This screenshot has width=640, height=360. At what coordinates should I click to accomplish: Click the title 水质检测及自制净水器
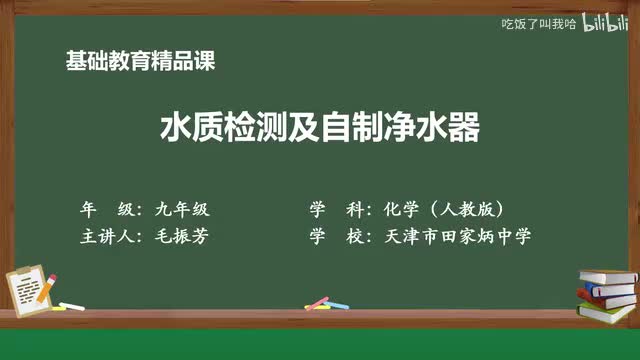point(320,128)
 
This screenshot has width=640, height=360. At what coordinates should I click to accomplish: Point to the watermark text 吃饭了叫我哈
point(538,23)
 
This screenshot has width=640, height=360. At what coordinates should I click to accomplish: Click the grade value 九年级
point(181,210)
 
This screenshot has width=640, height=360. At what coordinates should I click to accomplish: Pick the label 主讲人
point(107,237)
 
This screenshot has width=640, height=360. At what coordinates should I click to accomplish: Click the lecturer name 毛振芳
point(181,237)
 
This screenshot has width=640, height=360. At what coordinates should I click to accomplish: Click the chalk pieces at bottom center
point(318,302)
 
